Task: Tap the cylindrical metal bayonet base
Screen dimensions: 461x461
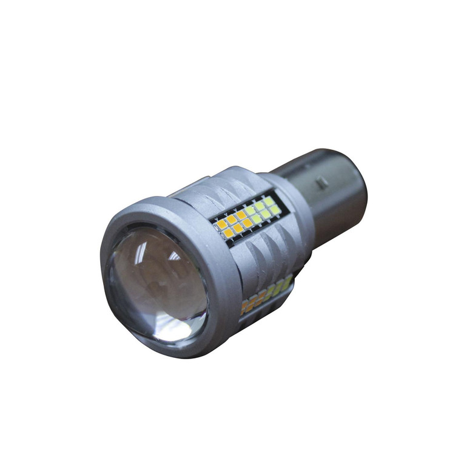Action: pos(328,188)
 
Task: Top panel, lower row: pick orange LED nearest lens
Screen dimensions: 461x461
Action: pos(228,233)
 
